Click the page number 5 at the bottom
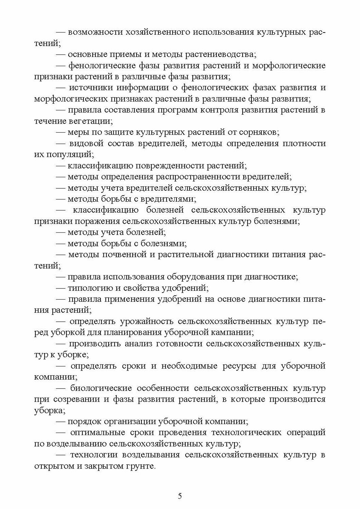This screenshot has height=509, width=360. click(180, 496)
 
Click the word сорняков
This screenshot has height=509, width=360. click(259, 132)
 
